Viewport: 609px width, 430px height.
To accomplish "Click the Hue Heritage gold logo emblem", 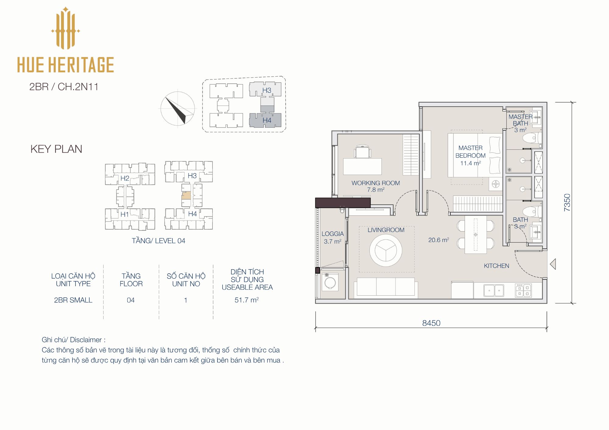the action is pyautogui.click(x=65, y=28).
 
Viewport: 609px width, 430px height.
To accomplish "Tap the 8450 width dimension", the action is pyautogui.click(x=431, y=323).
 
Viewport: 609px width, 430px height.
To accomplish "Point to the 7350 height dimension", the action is pyautogui.click(x=567, y=203).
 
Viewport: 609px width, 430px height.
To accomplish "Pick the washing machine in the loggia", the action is pyautogui.click(x=330, y=282).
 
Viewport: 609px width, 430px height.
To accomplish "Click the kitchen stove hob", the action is pyautogui.click(x=523, y=290).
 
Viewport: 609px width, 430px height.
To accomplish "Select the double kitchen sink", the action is pyautogui.click(x=494, y=290).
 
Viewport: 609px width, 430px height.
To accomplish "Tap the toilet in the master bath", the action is pyautogui.click(x=532, y=138).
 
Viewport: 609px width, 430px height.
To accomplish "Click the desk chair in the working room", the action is pyautogui.click(x=362, y=151).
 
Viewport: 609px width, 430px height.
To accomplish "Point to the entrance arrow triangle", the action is pyautogui.click(x=553, y=264).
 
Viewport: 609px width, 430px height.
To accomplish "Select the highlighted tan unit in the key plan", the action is pyautogui.click(x=186, y=196).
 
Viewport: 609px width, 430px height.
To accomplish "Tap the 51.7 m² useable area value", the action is pyautogui.click(x=247, y=300).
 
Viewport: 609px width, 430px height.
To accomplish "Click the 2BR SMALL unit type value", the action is pyautogui.click(x=73, y=300).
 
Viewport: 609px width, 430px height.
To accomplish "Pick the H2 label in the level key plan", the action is pyautogui.click(x=125, y=178).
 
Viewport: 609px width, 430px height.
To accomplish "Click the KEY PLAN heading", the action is pyautogui.click(x=56, y=149).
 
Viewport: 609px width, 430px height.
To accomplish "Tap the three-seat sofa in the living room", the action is pyautogui.click(x=386, y=287).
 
